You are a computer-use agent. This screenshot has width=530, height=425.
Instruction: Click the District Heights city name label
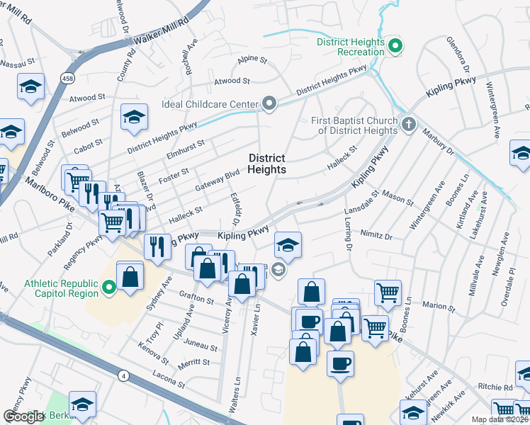[x=267, y=164]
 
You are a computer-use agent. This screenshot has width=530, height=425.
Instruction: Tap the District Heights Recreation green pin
[x=396, y=47]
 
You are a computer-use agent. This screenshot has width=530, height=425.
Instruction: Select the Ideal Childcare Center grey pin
[x=269, y=105]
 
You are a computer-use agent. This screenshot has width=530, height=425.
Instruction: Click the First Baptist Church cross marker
[x=408, y=125]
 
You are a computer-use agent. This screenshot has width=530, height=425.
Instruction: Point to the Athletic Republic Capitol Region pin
[x=108, y=288]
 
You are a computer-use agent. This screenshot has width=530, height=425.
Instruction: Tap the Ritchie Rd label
[x=495, y=387]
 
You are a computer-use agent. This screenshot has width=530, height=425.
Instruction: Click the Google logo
[x=23, y=416]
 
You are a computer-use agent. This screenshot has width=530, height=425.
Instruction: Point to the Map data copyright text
[x=500, y=419]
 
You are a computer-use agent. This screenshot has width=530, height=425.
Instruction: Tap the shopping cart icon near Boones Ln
[x=388, y=290]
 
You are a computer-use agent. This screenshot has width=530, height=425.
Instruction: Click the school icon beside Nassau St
[x=30, y=86]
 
